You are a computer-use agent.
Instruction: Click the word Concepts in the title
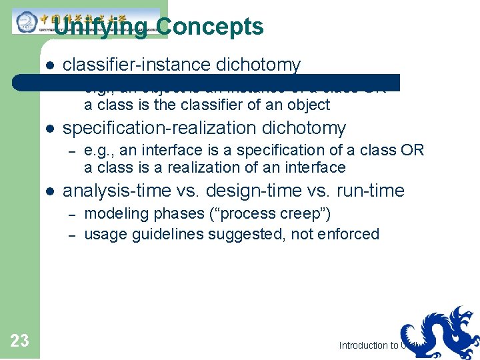click(x=210, y=27)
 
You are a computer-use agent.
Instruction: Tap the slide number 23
click(x=20, y=341)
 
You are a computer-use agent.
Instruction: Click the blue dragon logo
click(x=440, y=331)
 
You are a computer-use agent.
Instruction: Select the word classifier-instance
click(x=137, y=65)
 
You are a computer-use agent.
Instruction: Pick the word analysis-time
click(x=117, y=191)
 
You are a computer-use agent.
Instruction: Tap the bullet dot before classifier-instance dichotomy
click(x=49, y=65)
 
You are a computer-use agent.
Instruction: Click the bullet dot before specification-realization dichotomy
click(x=49, y=129)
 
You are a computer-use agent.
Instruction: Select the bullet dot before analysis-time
click(x=49, y=191)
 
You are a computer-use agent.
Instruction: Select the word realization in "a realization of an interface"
click(x=205, y=167)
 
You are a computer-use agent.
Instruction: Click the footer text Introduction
click(x=363, y=345)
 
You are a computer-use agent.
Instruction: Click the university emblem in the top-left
click(x=27, y=22)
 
